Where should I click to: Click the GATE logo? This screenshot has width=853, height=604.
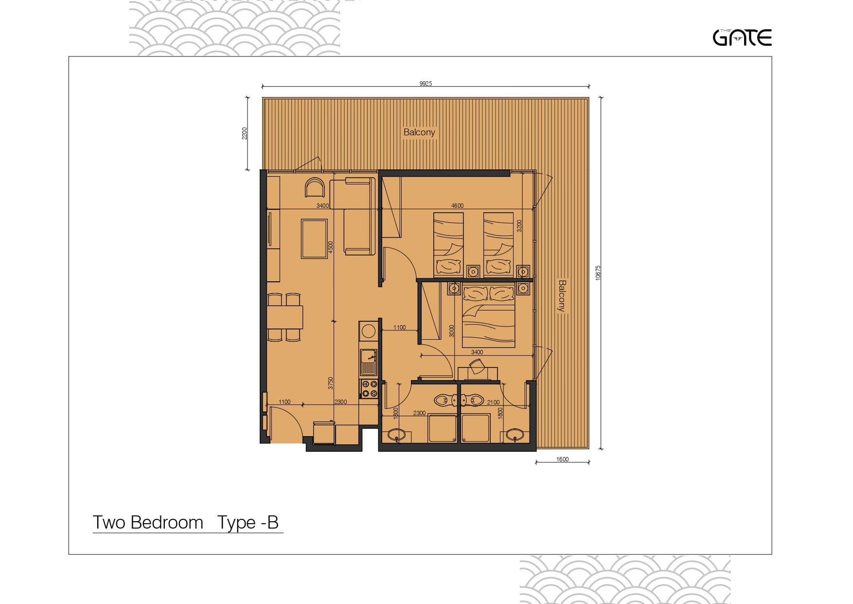tap(742, 37)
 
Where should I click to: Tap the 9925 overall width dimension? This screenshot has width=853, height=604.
tap(426, 84)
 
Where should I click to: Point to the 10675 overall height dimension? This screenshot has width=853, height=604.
tap(598, 272)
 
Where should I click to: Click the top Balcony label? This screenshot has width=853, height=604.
tap(419, 132)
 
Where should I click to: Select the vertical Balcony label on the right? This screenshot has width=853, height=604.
tap(562, 295)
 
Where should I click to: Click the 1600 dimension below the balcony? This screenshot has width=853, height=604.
tap(562, 459)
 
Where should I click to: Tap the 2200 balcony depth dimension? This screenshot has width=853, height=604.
tap(245, 133)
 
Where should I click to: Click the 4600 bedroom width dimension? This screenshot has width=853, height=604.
tap(457, 205)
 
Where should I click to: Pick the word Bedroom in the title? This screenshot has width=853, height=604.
tap(167, 522)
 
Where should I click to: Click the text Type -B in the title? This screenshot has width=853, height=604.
tap(248, 522)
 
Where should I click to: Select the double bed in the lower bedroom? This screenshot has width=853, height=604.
tap(488, 316)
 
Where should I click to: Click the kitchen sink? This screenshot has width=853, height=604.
tap(368, 362)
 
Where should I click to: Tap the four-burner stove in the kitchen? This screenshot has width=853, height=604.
tap(369, 388)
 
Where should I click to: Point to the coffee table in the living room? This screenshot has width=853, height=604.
tap(314, 238)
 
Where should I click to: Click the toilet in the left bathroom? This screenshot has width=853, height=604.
tap(444, 401)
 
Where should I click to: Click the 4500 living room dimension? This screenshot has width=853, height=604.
tap(331, 247)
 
